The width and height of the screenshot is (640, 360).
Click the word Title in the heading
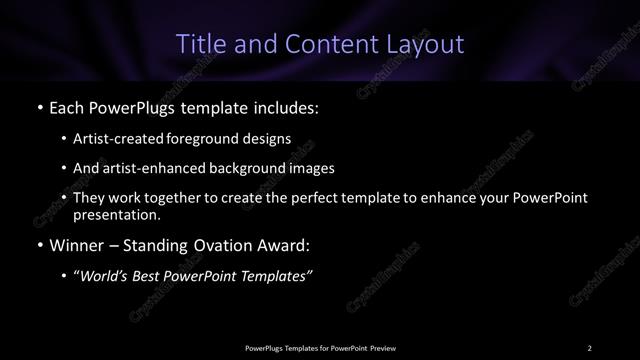[x=198, y=44]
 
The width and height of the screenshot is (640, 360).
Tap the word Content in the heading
[x=325, y=44]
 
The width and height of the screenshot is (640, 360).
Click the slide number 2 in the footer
[x=590, y=347]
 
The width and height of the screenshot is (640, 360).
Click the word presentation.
[x=116, y=214]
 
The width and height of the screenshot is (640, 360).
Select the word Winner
[x=76, y=245]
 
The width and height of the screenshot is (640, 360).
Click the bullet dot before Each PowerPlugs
[x=39, y=105]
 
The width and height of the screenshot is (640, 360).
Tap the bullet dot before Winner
[x=39, y=245]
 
